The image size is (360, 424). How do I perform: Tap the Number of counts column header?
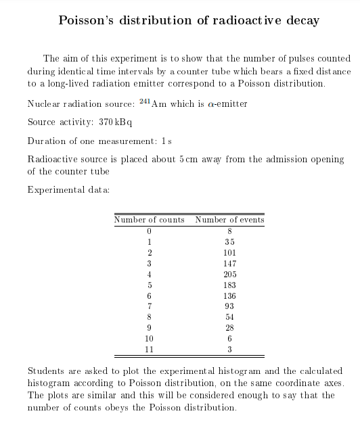pos(149,220)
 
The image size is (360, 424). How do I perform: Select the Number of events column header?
pos(229,220)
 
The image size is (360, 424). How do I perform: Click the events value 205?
pos(229,274)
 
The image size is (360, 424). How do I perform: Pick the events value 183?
pos(229,285)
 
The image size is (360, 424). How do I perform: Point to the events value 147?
pos(229,263)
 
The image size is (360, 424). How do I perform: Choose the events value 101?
pos(229,252)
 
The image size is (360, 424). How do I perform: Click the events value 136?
pos(229,296)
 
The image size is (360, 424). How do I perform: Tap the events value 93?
pos(229,306)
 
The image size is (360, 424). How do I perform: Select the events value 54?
pos(229,317)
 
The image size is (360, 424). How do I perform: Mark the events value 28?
pos(229,328)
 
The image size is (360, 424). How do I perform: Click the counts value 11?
pos(149,350)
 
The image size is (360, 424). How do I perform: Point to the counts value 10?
pos(149,339)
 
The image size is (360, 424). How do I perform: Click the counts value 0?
pos(149,231)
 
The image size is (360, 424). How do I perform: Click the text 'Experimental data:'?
pos(68,189)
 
